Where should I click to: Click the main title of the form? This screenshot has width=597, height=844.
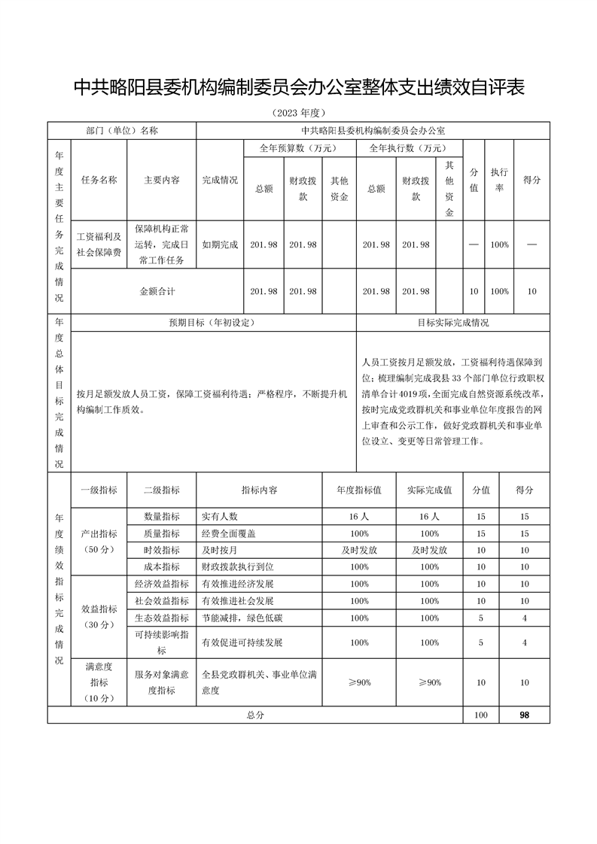(x=298, y=88)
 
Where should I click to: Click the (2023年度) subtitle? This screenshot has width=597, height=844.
(x=298, y=114)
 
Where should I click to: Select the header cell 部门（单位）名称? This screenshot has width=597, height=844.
(x=122, y=130)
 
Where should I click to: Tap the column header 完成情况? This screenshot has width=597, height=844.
(x=220, y=181)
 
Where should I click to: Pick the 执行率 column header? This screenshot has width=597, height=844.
(x=499, y=181)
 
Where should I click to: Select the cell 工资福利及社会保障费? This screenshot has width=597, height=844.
(x=99, y=245)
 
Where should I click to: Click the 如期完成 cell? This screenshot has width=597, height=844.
(x=220, y=245)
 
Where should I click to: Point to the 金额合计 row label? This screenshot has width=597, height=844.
(x=157, y=291)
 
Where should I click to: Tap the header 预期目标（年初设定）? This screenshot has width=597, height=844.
(x=212, y=322)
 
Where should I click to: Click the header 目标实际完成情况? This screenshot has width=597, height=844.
(x=453, y=322)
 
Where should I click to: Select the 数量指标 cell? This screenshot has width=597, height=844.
(x=162, y=517)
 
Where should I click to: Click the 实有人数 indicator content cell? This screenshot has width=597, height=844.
(x=220, y=517)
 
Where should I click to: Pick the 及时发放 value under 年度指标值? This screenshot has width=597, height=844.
(x=359, y=550)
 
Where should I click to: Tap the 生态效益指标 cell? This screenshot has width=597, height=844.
(x=162, y=618)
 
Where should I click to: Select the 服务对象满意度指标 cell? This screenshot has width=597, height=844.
(x=162, y=683)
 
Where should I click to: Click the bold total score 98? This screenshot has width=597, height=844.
(x=524, y=716)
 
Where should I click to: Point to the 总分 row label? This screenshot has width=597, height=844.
(x=256, y=716)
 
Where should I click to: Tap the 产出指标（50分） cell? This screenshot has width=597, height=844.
(x=99, y=542)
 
